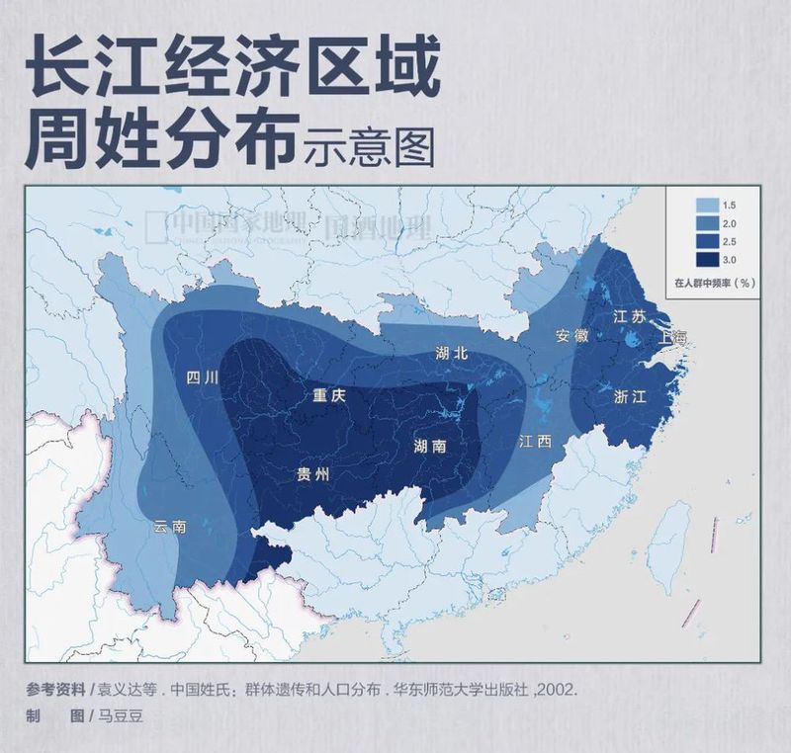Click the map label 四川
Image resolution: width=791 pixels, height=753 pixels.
204,376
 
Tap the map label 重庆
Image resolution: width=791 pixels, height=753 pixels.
328,394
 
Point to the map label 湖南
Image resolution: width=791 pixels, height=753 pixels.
429,446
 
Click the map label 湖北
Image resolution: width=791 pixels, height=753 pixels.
451,353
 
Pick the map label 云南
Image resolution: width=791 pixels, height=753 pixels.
169,527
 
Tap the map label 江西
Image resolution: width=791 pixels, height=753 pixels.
535,443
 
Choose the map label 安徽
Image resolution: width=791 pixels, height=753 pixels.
571,335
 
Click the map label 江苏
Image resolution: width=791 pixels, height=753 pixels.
629,317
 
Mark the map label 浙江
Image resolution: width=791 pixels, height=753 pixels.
630,396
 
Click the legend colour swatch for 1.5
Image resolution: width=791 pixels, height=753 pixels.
706,206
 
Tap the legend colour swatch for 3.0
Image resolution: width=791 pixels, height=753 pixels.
706,260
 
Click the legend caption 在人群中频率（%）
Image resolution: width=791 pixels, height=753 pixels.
715,282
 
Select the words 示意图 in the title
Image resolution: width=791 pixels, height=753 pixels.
369,147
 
